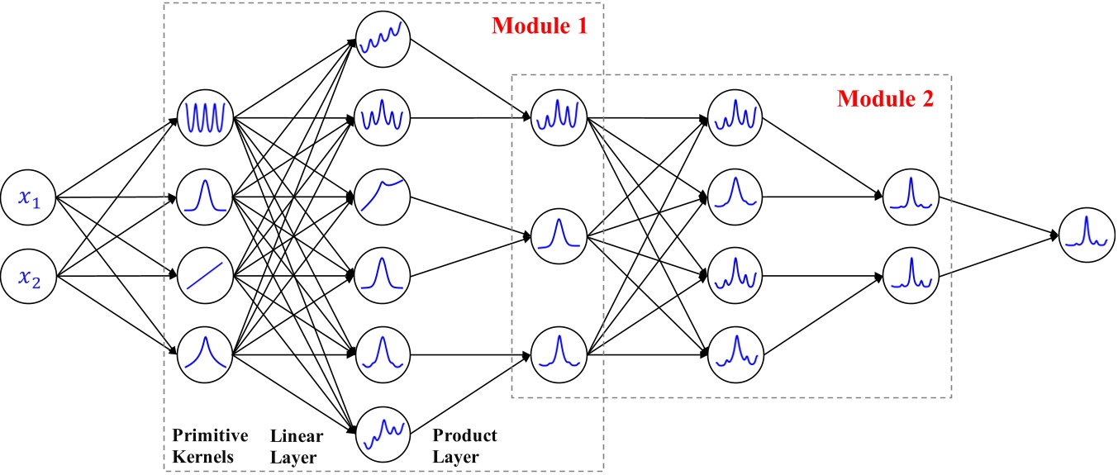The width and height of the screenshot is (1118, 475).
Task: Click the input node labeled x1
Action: pos(30,197)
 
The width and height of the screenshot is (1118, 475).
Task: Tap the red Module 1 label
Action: pos(540,26)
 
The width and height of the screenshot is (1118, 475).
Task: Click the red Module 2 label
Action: pos(885,99)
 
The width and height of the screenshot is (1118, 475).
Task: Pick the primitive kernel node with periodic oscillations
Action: pos(206,116)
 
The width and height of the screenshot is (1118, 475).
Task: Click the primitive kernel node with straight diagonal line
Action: pos(206,275)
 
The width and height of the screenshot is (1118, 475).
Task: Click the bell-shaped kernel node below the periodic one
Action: pos(206,197)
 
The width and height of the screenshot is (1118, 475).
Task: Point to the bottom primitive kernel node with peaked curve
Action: pos(206,355)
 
